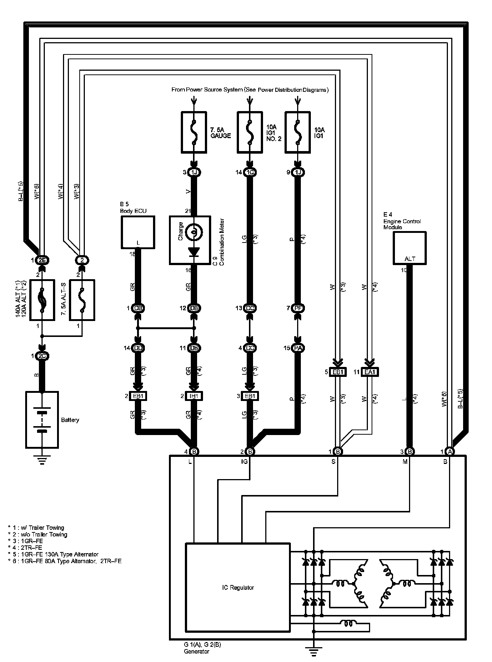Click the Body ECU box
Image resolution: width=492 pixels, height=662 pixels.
(137, 233)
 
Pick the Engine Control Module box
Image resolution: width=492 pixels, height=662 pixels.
(409, 248)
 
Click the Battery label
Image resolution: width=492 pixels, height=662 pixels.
(70, 420)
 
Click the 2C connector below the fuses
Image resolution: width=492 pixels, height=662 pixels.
(42, 356)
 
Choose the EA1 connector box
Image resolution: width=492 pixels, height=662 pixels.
(369, 372)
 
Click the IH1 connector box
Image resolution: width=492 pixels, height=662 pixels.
(194, 396)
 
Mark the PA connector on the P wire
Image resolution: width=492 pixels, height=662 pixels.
(297, 348)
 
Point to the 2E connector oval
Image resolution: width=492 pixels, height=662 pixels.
(42, 260)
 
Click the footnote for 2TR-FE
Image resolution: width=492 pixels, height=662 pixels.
(25, 548)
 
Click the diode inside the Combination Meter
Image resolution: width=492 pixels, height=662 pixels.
(194, 251)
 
